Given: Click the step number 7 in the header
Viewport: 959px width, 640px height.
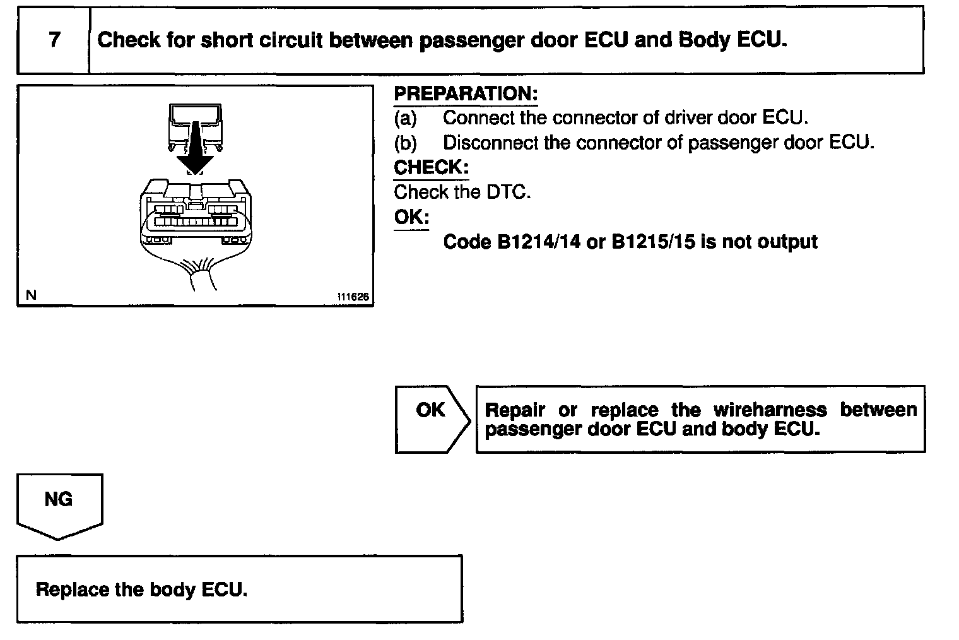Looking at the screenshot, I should [54, 40].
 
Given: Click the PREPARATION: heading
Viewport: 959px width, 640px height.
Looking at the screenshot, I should [466, 93].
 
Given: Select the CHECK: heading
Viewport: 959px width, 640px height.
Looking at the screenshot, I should [431, 167].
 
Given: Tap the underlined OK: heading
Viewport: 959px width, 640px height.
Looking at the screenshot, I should [411, 217].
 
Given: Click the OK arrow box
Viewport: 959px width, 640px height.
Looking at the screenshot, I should [432, 418].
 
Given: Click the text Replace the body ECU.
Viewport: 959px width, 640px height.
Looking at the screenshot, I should [141, 590].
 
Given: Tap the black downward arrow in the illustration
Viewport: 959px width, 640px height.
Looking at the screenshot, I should [196, 148].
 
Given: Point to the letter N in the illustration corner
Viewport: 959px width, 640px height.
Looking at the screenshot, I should [32, 295].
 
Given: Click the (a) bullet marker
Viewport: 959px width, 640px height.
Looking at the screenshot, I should [405, 117].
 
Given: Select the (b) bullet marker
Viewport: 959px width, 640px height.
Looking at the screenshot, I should [405, 143].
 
